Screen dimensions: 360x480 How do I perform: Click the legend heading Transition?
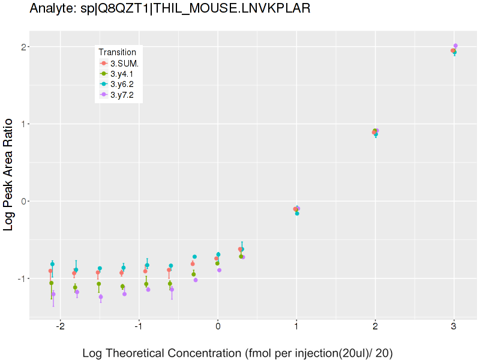(121, 52)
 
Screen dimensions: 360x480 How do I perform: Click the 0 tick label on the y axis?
(23, 201)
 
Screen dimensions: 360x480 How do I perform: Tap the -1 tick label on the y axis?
(21, 278)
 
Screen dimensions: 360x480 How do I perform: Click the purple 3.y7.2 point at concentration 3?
(455, 46)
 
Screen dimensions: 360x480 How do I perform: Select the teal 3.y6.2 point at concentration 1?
(297, 213)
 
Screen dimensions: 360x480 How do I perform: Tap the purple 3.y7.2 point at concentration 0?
(220, 270)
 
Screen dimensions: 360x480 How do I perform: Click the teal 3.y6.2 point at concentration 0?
(218, 254)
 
